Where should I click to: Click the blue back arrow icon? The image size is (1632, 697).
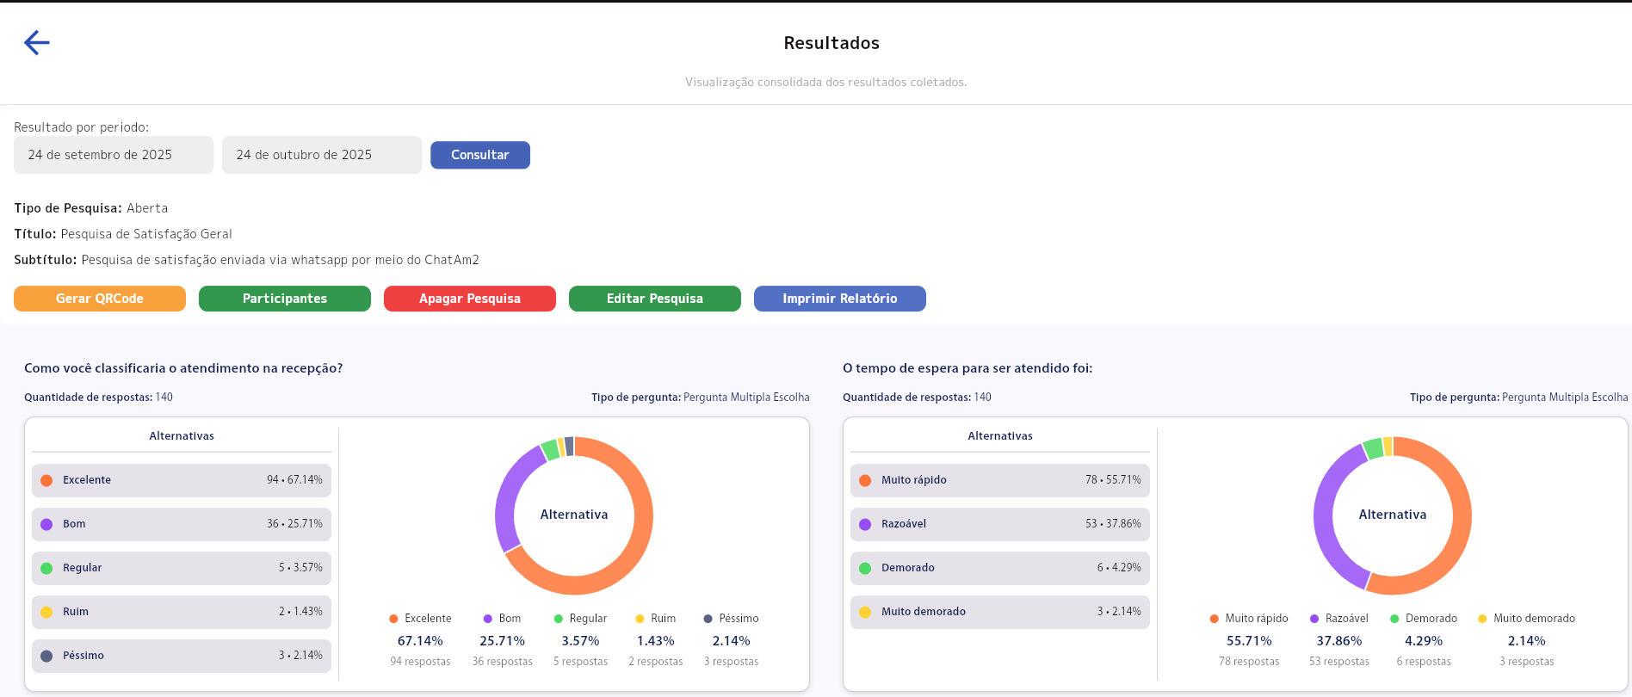pyautogui.click(x=36, y=42)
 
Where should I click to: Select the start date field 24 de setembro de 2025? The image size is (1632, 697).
pyautogui.click(x=113, y=155)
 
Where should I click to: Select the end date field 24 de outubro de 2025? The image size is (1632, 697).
pyautogui.click(x=321, y=155)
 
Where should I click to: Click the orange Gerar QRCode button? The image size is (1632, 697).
pyautogui.click(x=100, y=299)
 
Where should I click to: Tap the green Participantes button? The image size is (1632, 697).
pyautogui.click(x=284, y=299)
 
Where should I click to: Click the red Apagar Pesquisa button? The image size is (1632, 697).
pyautogui.click(x=469, y=299)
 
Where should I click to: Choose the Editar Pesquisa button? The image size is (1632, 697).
pyautogui.click(x=654, y=299)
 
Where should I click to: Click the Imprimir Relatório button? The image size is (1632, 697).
pyautogui.click(x=839, y=299)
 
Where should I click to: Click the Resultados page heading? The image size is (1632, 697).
pyautogui.click(x=831, y=43)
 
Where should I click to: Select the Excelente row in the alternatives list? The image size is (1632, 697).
pyautogui.click(x=181, y=480)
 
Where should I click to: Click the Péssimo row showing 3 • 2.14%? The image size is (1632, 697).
pyautogui.click(x=181, y=656)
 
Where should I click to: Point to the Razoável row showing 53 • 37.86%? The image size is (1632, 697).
pyautogui.click(x=999, y=524)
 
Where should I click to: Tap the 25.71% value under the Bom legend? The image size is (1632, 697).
pyautogui.click(x=502, y=641)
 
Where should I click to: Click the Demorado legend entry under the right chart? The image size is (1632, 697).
pyautogui.click(x=1424, y=619)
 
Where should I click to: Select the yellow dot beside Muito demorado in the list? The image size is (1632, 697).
pyautogui.click(x=865, y=612)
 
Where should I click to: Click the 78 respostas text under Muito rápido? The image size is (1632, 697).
pyautogui.click(x=1248, y=662)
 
